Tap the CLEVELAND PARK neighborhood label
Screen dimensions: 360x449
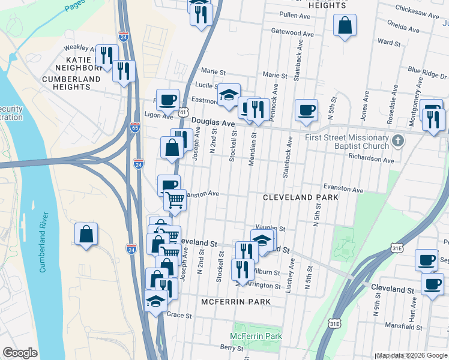click(301, 197)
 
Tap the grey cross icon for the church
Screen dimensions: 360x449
click(397, 141)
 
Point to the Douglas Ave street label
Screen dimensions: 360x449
click(213, 122)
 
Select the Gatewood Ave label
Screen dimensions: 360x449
click(293, 32)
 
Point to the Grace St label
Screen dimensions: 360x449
click(178, 315)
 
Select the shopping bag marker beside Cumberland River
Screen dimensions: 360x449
click(86, 234)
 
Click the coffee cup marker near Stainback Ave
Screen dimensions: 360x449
click(306, 110)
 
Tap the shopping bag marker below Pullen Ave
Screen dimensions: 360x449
click(345, 26)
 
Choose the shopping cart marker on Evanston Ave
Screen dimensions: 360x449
click(175, 200)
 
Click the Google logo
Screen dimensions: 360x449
click(20, 353)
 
